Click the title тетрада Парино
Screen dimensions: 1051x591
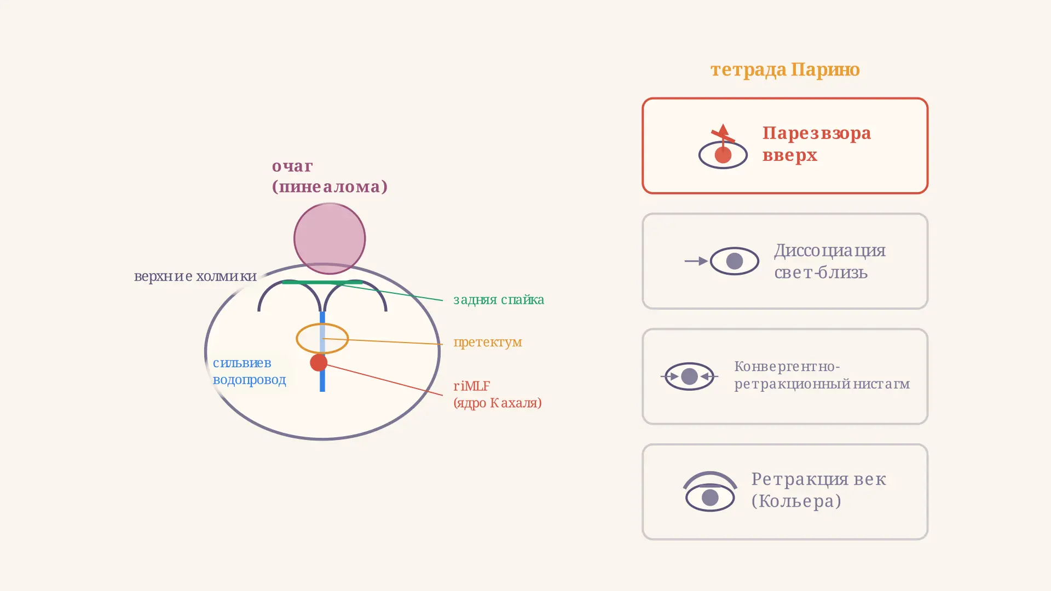tap(785, 69)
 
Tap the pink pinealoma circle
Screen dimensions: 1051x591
tap(330, 239)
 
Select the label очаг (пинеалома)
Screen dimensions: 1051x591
tap(330, 176)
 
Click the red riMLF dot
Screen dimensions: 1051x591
tap(319, 362)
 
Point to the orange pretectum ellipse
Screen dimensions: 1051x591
tap(322, 325)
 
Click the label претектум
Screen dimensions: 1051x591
tap(488, 342)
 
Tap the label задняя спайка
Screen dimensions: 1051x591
tap(499, 299)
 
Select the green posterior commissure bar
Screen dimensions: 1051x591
tap(322, 282)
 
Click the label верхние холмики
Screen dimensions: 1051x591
tap(195, 276)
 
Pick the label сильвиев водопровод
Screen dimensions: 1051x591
tap(249, 371)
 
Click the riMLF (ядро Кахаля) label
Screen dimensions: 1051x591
tap(498, 394)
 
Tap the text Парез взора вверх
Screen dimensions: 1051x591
tap(817, 144)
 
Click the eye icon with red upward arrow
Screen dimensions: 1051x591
tap(723, 147)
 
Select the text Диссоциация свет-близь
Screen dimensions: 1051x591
tap(830, 261)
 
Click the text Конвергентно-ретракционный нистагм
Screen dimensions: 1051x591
tap(822, 375)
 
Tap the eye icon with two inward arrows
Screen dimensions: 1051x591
tap(689, 376)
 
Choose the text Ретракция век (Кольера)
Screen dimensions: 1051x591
tap(819, 490)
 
